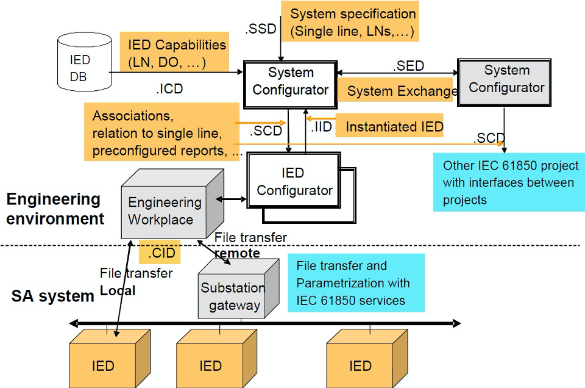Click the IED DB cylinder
tap(85, 62)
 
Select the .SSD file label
tap(260, 29)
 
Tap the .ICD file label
tap(169, 89)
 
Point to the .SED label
tap(408, 66)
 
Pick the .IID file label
tap(321, 127)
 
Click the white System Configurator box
tap(290, 85)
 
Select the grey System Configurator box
tap(504, 82)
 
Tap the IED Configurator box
tap(294, 181)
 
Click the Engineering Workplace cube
tap(172, 204)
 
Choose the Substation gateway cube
tap(238, 289)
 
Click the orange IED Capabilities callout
tap(174, 52)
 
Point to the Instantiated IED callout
tap(389, 126)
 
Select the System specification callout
tap(350, 21)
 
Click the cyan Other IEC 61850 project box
tap(509, 182)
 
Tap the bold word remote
tap(238, 253)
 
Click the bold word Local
tap(118, 290)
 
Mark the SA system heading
tap(52, 296)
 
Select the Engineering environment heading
tap(55, 209)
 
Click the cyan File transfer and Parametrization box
tap(356, 282)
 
